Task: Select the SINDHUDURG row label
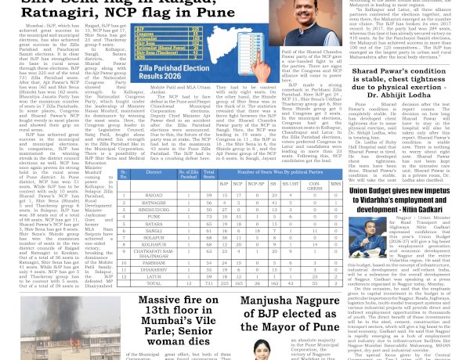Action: coord(155,211)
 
